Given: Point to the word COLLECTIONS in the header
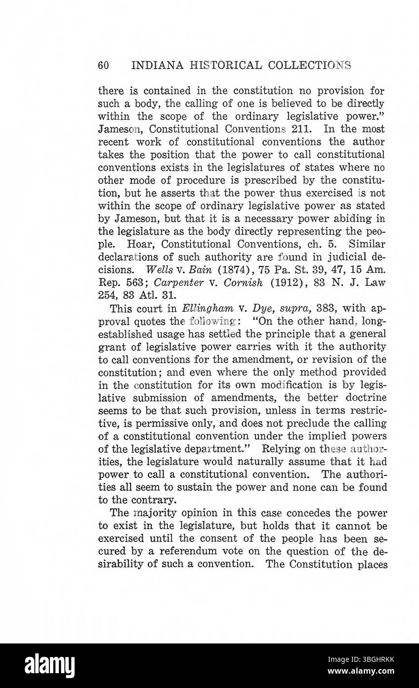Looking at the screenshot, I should [310, 65].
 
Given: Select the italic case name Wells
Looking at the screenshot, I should [159, 270].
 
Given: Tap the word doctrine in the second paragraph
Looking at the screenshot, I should [363, 398].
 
